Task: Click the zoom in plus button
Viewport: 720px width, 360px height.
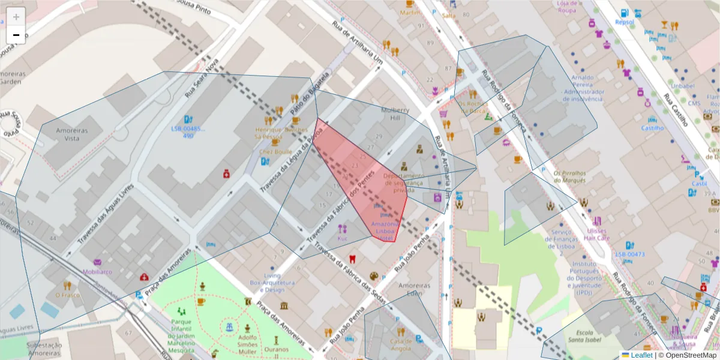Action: (16, 16)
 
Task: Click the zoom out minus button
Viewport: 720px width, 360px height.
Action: (16, 35)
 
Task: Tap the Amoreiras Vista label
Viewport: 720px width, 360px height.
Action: (71, 134)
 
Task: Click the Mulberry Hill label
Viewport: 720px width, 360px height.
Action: (395, 115)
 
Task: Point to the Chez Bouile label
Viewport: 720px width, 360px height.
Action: (275, 152)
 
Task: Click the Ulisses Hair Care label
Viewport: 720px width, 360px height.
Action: (597, 234)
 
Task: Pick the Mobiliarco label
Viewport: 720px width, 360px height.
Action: (97, 271)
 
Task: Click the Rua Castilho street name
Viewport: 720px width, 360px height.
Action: (674, 110)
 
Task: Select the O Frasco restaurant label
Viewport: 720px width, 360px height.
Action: (67, 295)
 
